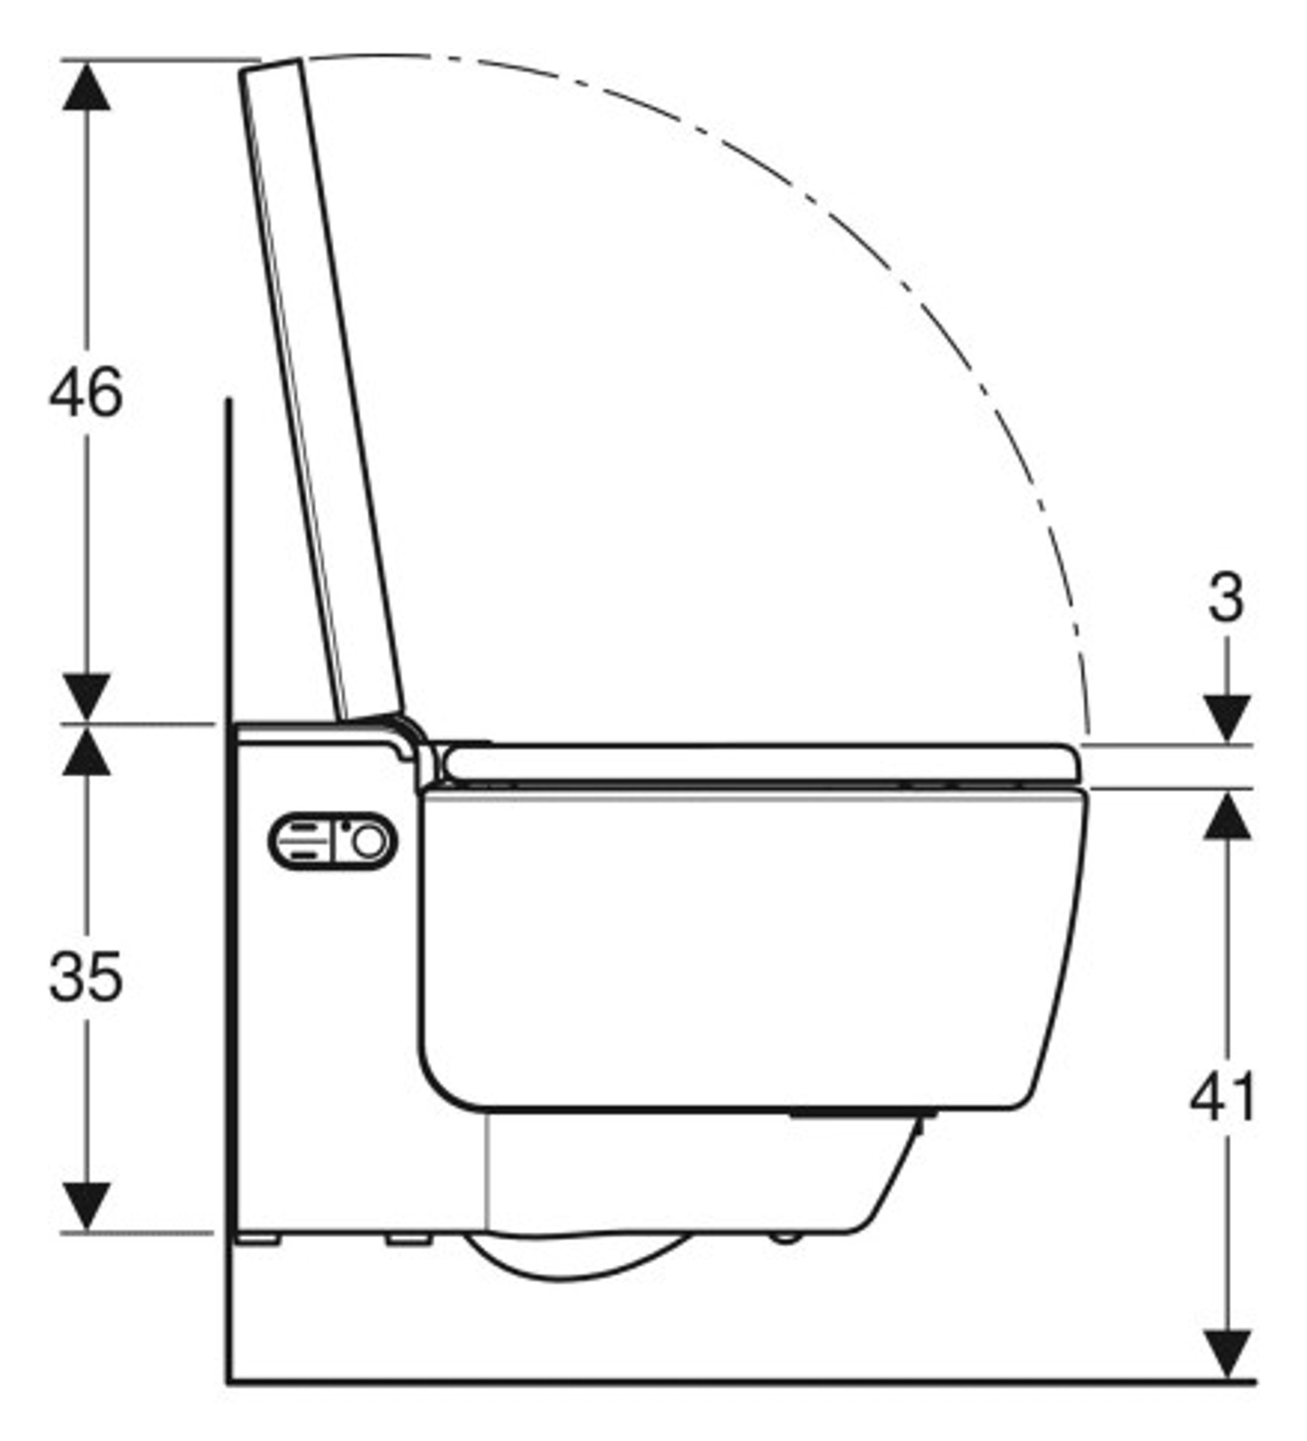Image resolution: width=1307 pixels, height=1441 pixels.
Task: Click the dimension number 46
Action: tap(86, 392)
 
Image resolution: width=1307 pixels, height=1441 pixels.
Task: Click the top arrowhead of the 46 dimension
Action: tap(86, 86)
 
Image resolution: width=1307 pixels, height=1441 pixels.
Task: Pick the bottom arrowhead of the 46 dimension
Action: tap(86, 697)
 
